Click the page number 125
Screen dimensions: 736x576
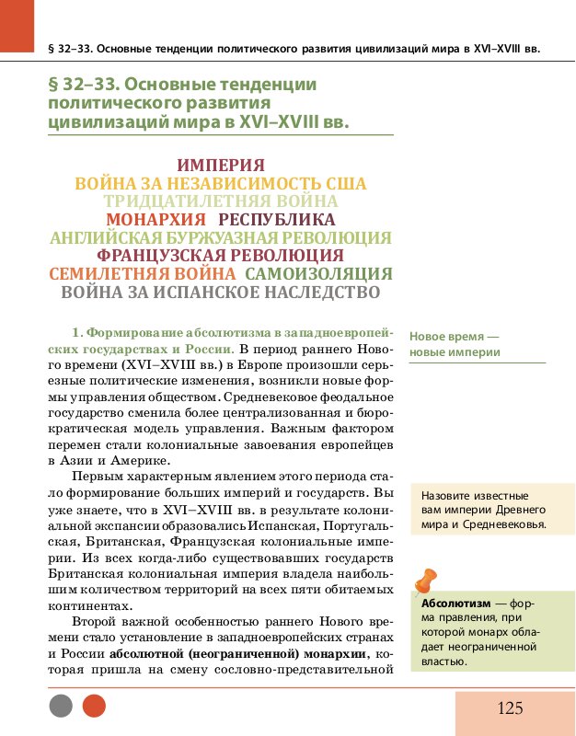click(510, 707)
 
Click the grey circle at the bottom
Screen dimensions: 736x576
click(61, 706)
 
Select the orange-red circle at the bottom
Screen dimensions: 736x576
click(94, 706)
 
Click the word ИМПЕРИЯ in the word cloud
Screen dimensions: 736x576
click(220, 166)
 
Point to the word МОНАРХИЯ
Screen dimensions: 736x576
click(156, 220)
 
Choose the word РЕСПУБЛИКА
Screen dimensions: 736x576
click(277, 220)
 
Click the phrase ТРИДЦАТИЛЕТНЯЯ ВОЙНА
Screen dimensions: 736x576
click(220, 201)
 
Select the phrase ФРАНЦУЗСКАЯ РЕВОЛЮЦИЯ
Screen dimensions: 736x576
click(220, 256)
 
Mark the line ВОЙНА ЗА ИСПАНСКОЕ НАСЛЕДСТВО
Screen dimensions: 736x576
click(220, 293)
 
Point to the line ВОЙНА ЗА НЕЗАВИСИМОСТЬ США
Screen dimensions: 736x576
click(220, 184)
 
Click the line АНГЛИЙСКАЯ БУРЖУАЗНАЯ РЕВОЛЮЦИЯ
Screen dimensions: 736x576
click(220, 238)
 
